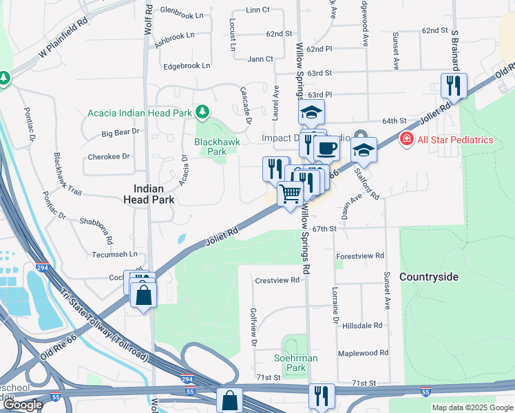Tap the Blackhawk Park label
210,146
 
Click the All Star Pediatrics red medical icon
406,140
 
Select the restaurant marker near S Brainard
454,85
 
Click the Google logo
23,405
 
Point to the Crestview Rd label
277,280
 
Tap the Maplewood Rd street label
363,353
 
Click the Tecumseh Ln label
115,254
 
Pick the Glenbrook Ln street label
182,11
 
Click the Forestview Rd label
360,256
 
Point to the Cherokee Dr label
109,157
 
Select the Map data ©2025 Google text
472,407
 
